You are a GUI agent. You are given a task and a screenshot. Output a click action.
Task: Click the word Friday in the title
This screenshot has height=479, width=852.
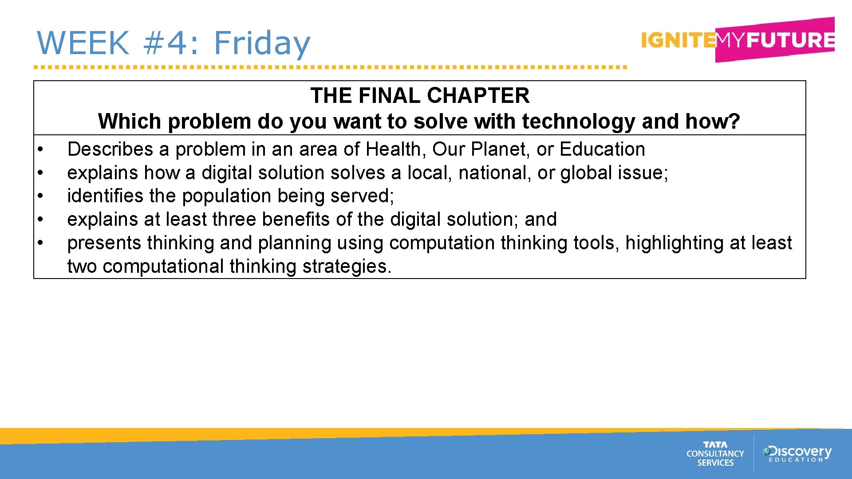[x=262, y=43]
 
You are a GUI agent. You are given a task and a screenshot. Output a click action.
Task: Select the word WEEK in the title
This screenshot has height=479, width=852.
[x=83, y=43]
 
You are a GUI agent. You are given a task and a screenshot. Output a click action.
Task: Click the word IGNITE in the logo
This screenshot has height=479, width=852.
[x=678, y=40]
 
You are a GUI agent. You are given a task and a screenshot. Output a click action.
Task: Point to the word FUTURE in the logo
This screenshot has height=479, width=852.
[x=790, y=40]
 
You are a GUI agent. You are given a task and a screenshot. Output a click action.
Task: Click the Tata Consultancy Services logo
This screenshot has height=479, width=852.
[x=715, y=454]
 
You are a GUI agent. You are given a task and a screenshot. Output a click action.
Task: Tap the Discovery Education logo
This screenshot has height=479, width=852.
[x=797, y=453]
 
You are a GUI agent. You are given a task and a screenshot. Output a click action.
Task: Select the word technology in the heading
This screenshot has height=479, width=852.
[x=578, y=121]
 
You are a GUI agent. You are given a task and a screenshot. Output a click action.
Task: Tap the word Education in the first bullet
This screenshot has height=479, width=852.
[x=602, y=149]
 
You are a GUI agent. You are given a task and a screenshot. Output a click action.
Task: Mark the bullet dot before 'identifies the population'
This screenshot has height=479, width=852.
[x=40, y=195]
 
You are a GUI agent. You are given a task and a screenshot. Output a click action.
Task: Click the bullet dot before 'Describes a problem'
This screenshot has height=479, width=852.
[x=40, y=149]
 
